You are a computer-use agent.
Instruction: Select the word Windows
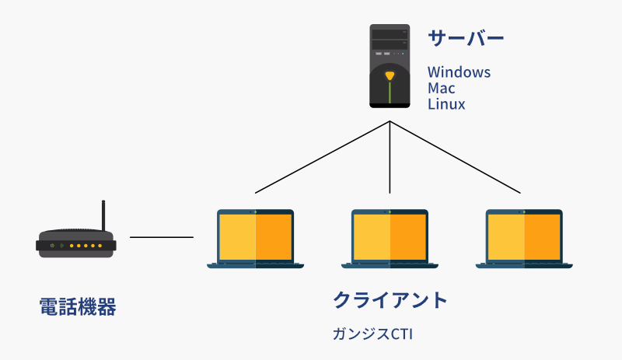coord(459,72)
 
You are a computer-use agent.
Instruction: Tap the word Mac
coord(442,88)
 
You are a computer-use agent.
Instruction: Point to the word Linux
coord(446,103)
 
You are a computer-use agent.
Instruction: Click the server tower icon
coord(390,66)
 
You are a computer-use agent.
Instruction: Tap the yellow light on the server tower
coord(390,75)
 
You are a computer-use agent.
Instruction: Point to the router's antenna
coord(103,218)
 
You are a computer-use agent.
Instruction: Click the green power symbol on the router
coord(51,246)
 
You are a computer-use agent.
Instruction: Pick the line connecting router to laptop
coord(162,237)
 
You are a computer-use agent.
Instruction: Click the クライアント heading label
coord(390,299)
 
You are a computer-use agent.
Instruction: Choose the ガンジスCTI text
coord(371,334)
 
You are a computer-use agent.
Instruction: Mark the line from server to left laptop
coord(322,157)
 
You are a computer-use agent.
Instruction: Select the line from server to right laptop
coord(456,157)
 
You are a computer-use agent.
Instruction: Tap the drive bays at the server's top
coord(390,39)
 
